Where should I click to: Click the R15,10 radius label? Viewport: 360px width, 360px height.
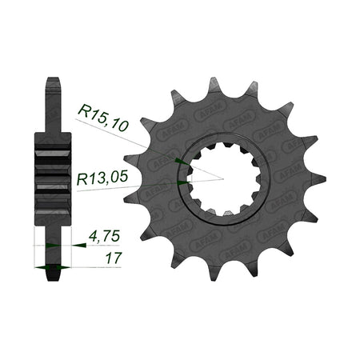click(x=103, y=118)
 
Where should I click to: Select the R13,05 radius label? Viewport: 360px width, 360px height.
click(x=102, y=178)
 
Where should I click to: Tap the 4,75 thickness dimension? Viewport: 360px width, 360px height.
click(x=104, y=236)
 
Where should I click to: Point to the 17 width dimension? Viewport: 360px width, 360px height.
click(x=114, y=258)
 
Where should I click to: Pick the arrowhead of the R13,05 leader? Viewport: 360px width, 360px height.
click(x=184, y=182)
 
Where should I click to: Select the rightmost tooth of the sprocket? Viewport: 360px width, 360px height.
click(x=318, y=179)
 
